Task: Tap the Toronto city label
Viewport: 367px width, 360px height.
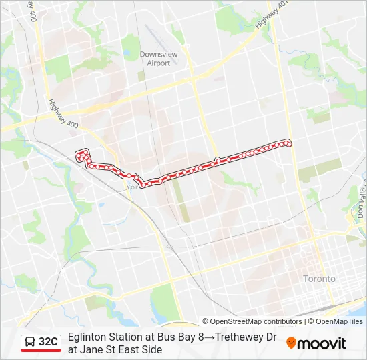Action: (x=319, y=279)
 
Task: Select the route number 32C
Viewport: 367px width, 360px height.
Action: (x=48, y=342)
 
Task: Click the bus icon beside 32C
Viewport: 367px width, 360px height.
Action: (x=30, y=342)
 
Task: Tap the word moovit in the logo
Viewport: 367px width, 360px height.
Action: (x=322, y=343)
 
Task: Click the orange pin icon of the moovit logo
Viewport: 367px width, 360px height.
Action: (x=291, y=343)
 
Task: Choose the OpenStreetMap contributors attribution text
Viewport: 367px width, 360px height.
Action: (x=252, y=321)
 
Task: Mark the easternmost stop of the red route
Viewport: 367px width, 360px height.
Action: (x=288, y=143)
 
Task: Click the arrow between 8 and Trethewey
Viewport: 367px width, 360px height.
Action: (x=209, y=337)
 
